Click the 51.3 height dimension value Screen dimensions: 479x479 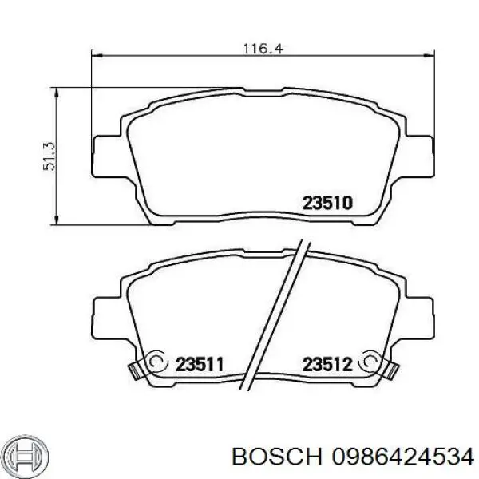click(x=48, y=156)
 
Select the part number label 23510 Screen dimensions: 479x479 click(x=327, y=204)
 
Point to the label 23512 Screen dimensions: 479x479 click(x=327, y=365)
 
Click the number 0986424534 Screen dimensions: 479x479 click(x=396, y=457)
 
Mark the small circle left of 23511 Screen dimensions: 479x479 click(x=155, y=361)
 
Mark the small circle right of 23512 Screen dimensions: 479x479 click(x=369, y=361)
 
